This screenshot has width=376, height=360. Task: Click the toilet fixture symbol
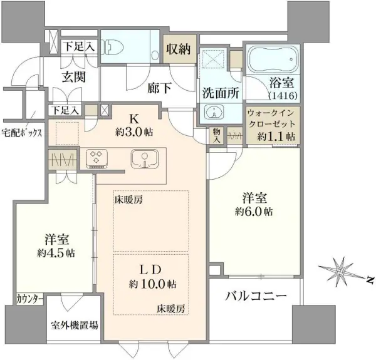point(112,47)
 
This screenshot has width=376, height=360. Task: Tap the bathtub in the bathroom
point(273,59)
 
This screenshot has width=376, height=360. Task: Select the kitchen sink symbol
point(145,159)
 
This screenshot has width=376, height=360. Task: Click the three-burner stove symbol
point(97,158)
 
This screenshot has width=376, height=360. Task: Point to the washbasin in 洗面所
point(214,111)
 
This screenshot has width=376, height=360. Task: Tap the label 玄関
point(74,78)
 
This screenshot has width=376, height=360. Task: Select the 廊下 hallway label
point(159,88)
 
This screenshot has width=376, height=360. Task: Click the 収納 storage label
point(179,49)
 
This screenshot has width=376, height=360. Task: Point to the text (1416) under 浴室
point(283,95)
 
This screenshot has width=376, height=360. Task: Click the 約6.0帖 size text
point(254,212)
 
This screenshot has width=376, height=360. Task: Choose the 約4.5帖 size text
point(56,253)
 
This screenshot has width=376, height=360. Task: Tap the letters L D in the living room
point(150,270)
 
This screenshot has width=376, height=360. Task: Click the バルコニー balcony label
point(256,296)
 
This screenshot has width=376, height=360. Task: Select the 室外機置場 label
point(75,326)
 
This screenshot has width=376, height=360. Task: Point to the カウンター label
point(30,299)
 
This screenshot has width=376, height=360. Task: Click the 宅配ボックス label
point(22,132)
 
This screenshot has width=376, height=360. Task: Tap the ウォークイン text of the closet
point(271,113)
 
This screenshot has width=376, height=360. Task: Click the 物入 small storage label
point(217,136)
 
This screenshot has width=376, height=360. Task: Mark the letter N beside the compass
point(370,280)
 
